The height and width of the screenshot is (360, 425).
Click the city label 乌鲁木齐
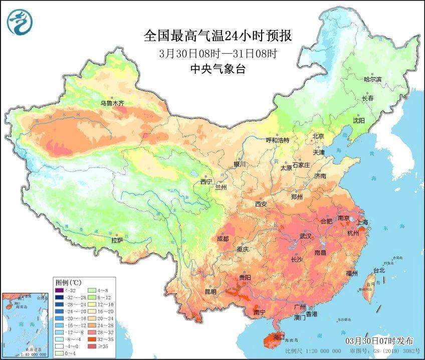click(112, 103)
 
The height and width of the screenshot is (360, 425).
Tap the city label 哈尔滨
click(372, 79)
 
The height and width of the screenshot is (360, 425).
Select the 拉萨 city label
click(117, 240)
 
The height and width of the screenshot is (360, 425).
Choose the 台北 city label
click(379, 270)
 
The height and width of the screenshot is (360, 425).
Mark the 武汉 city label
click(305, 236)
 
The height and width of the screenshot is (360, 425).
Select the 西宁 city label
click(206, 182)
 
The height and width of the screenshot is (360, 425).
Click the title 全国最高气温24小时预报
click(218, 36)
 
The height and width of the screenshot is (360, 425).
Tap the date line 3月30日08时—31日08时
click(218, 53)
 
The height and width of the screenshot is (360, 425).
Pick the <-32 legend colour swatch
click(59, 289)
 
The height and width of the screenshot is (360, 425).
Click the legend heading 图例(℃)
click(69, 282)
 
